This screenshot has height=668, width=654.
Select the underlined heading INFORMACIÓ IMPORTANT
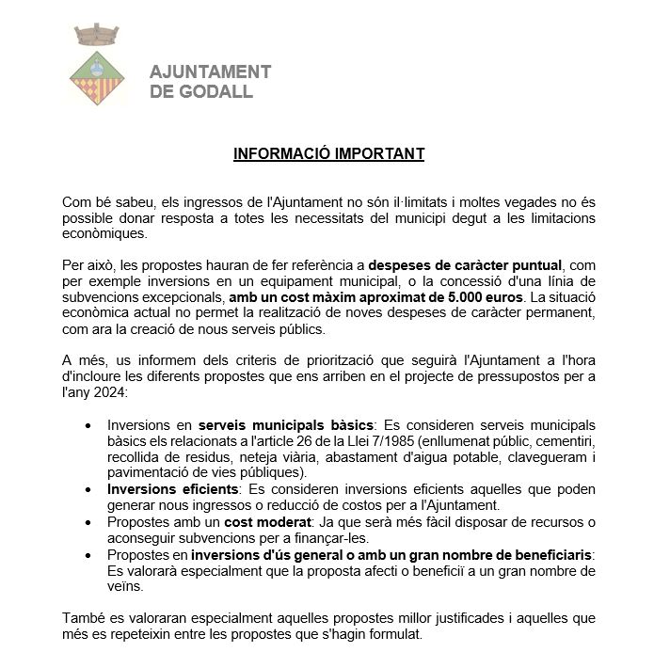[328, 154]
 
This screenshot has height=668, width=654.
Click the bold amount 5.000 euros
[474, 297]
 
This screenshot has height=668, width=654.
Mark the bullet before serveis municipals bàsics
[88, 425]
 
